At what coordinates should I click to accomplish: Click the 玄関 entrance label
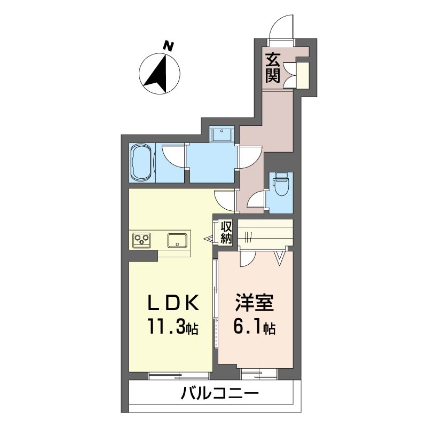[273, 68]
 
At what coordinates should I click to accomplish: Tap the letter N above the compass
[168, 46]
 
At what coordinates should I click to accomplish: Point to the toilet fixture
[281, 184]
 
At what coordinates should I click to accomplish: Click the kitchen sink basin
[177, 240]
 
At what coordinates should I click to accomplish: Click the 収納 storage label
[226, 233]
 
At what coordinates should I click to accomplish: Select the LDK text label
[173, 303]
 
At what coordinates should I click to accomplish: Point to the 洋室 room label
[255, 303]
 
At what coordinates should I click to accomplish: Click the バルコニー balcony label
[220, 393]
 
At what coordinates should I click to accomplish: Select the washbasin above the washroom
[223, 134]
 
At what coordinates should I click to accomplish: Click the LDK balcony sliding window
[179, 376]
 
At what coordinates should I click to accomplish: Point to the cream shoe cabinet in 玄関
[303, 75]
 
